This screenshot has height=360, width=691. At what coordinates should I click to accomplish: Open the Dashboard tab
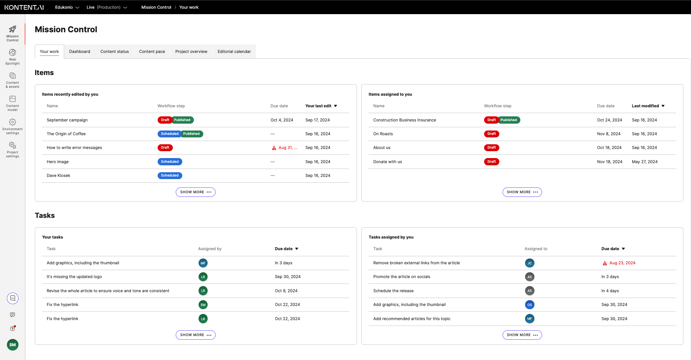[79, 51]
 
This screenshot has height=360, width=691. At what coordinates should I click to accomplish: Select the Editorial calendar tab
[234, 51]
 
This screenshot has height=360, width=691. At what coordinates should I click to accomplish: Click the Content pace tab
[152, 51]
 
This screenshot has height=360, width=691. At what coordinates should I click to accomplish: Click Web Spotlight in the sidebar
[12, 57]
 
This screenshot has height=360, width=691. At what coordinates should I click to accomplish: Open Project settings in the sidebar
[12, 149]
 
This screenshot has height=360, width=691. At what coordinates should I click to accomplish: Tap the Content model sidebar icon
[12, 103]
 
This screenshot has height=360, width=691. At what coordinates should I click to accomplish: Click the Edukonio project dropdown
[67, 7]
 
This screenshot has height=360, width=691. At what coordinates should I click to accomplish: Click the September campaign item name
[67, 120]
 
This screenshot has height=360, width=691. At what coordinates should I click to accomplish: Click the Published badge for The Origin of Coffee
[191, 134]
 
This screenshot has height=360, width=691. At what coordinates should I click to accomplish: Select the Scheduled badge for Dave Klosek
[170, 175]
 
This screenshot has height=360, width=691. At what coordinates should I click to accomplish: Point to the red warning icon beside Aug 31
[274, 148]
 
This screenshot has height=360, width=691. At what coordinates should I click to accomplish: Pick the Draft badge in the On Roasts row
[491, 134]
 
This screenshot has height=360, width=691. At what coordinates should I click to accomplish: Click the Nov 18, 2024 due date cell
[609, 162]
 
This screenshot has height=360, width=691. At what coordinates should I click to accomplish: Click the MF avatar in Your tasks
[203, 263]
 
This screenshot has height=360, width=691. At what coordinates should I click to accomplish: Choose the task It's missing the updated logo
[74, 277]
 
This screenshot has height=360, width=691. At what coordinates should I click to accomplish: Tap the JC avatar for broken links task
[529, 263]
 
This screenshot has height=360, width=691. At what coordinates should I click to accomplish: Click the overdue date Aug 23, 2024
[622, 263]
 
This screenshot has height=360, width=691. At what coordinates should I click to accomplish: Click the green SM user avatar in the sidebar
[13, 345]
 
